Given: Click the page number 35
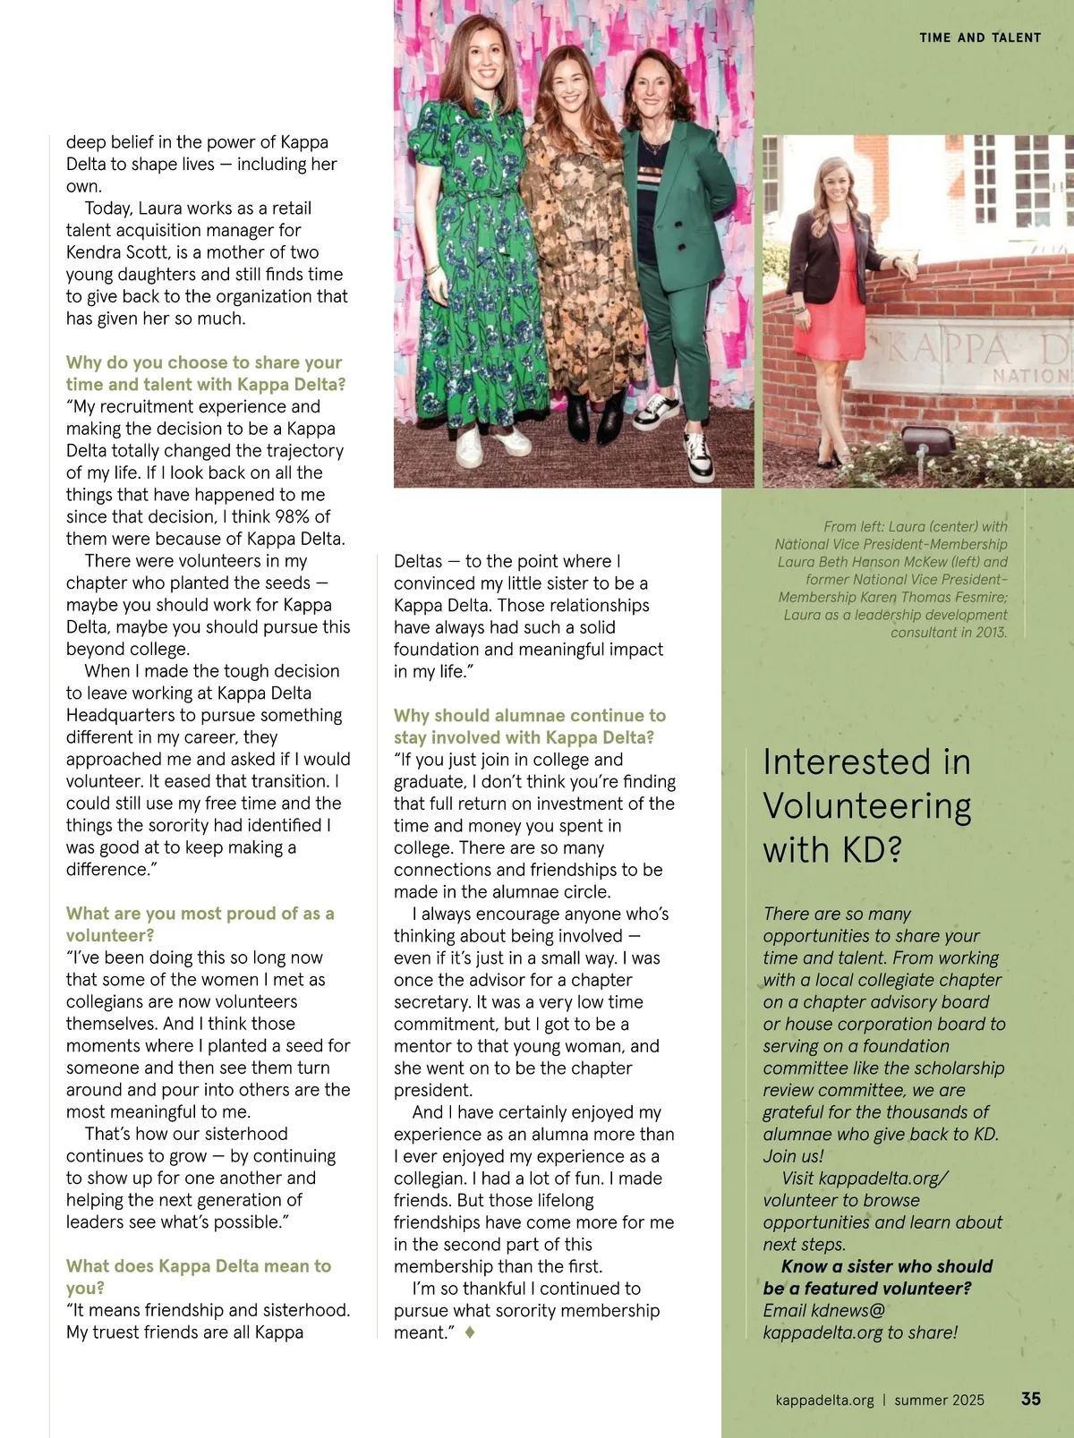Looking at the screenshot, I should pyautogui.click(x=1030, y=1399).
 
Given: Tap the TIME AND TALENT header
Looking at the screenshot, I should pyautogui.click(x=980, y=38).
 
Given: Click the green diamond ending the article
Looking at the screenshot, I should pyautogui.click(x=470, y=1332).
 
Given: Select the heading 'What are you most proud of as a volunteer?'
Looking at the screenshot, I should pyautogui.click(x=200, y=924).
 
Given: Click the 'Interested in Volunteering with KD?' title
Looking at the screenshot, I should pyautogui.click(x=866, y=805).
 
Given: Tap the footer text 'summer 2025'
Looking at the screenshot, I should pyautogui.click(x=939, y=1400).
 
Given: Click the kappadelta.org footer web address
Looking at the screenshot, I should pyautogui.click(x=824, y=1400).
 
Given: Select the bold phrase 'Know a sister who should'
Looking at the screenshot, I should pyautogui.click(x=886, y=1266).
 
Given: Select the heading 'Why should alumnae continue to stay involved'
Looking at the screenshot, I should pyautogui.click(x=529, y=727).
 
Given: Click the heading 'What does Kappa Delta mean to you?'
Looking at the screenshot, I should pyautogui.click(x=198, y=1277).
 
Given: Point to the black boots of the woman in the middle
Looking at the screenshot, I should pyautogui.click(x=594, y=416).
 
